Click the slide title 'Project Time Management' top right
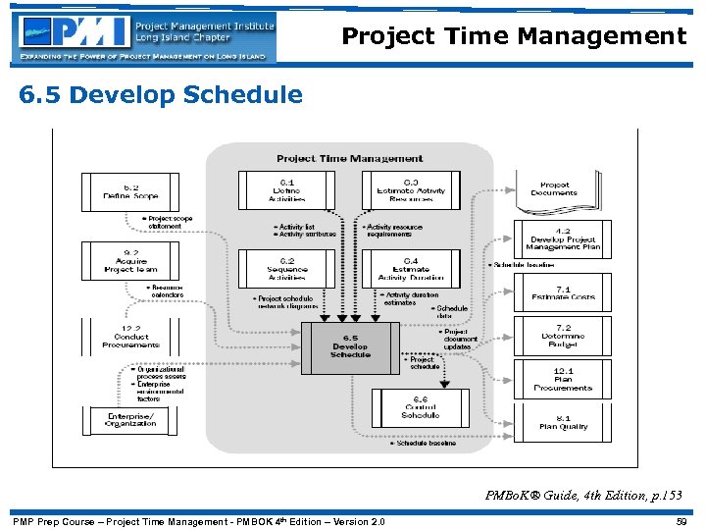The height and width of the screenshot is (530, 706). coord(514,37)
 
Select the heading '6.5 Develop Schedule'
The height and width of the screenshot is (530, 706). coord(159,95)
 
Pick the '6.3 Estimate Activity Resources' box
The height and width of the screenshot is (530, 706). coord(411,190)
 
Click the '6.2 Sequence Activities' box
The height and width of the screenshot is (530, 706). coord(286,268)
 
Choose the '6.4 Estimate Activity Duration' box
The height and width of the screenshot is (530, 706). coord(411,268)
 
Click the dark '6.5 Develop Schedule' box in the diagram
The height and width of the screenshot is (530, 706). coord(350,348)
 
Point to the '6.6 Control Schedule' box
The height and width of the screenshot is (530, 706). coord(420,407)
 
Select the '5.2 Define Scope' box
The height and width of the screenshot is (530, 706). coord(130,191)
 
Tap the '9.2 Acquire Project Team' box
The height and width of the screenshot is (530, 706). coord(130,262)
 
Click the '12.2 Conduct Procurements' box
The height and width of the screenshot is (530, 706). coord(130,337)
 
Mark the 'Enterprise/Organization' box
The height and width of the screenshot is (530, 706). coord(130,419)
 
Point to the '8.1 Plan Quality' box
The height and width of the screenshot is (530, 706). coord(562,422)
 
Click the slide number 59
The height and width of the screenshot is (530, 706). coord(681,521)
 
